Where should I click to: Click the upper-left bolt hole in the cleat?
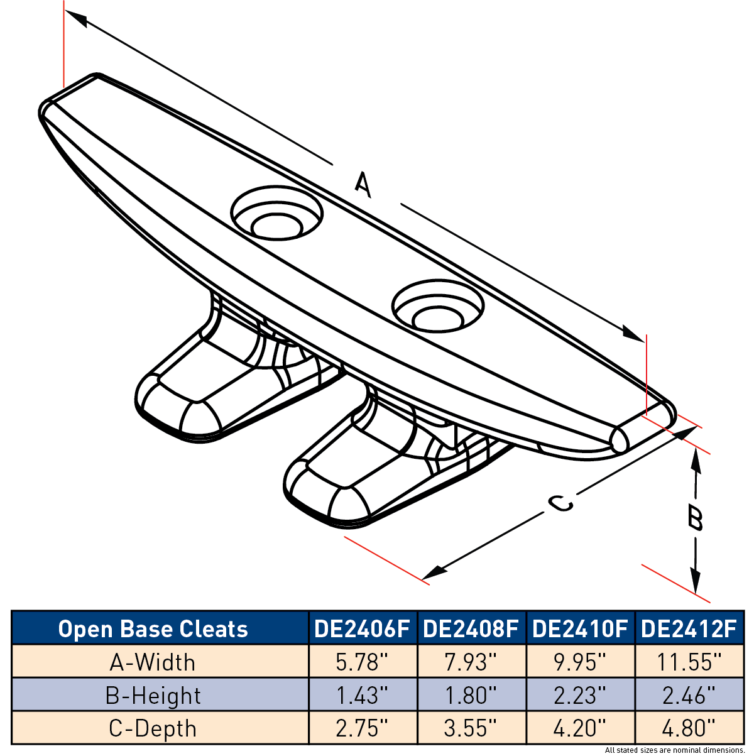coord(277,213)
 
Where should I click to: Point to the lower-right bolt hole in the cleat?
coord(438,307)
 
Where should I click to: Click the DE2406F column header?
coord(362,628)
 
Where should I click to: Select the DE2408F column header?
coord(471,628)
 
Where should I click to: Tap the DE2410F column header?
coord(580,628)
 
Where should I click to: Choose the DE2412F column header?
coord(689,628)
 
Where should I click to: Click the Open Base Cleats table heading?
coord(153,629)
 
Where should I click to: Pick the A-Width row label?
coord(152,663)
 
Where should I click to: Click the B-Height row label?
coord(153,696)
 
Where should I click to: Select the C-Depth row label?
coord(152,729)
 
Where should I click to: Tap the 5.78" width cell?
coord(362,662)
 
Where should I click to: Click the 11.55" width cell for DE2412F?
coord(689,662)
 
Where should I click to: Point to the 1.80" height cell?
coord(471,696)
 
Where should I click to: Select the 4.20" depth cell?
coord(580,729)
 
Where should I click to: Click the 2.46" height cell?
coord(689,696)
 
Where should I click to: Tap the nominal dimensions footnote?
coord(674,750)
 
